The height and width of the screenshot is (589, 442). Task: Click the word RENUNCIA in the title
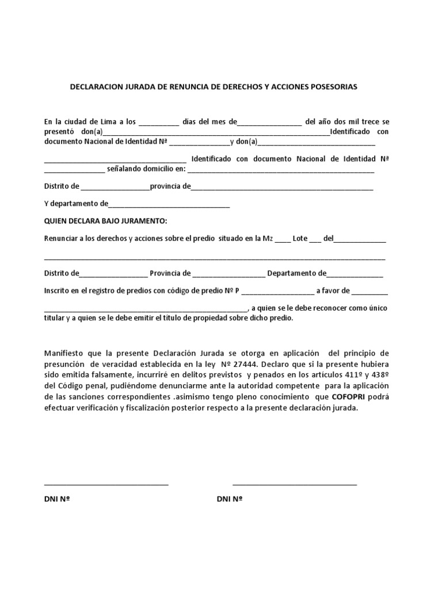[192, 87]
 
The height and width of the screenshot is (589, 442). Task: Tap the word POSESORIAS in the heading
[330, 87]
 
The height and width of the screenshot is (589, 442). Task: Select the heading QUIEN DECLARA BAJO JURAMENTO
[105, 221]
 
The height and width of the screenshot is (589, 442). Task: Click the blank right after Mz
[283, 240]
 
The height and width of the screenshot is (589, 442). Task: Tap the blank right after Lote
[315, 240]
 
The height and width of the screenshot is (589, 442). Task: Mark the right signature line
[295, 484]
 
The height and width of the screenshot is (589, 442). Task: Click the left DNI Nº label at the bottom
[57, 499]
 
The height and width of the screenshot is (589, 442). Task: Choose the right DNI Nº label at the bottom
[230, 499]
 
